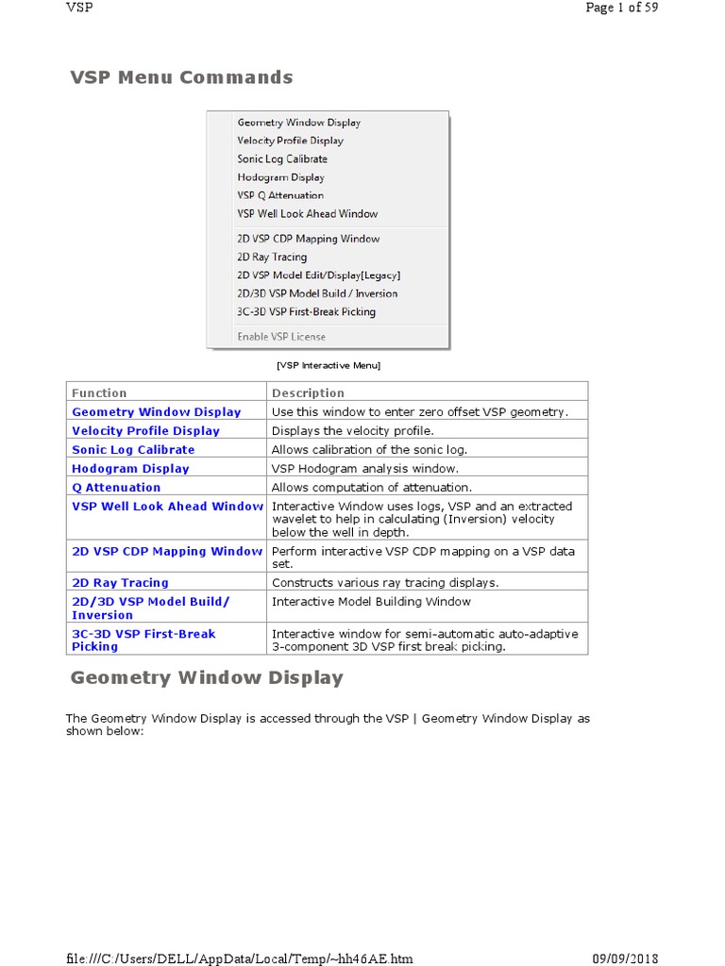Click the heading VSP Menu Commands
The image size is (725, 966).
(181, 77)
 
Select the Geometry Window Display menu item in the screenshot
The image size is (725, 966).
(298, 123)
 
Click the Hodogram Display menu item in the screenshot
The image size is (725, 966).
(280, 177)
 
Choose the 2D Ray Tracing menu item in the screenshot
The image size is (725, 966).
(272, 257)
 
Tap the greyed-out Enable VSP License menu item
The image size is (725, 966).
(281, 337)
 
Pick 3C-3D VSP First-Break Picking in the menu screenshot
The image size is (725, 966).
(306, 311)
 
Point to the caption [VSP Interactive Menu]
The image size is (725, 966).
(329, 365)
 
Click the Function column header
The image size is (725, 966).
(99, 392)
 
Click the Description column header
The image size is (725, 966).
(308, 392)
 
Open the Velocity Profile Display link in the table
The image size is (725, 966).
(145, 431)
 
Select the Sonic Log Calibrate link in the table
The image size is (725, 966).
(133, 450)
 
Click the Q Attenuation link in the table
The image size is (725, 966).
(116, 488)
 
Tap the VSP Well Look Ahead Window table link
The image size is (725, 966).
(167, 507)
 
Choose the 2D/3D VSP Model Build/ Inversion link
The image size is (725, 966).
(150, 608)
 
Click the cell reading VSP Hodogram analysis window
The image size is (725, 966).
(364, 469)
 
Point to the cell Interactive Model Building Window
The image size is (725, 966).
(371, 602)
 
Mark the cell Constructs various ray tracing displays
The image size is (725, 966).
(385, 583)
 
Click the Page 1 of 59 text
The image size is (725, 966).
(621, 8)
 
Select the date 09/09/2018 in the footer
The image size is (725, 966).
(625, 958)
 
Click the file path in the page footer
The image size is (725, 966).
(239, 958)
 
